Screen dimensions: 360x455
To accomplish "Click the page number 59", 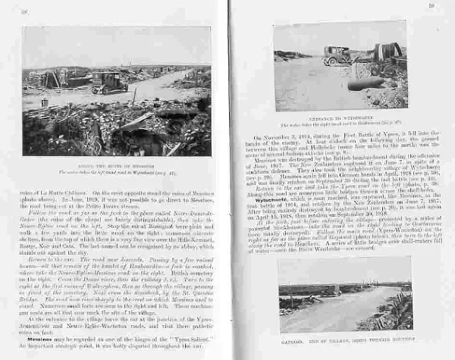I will tap(430, 7).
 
